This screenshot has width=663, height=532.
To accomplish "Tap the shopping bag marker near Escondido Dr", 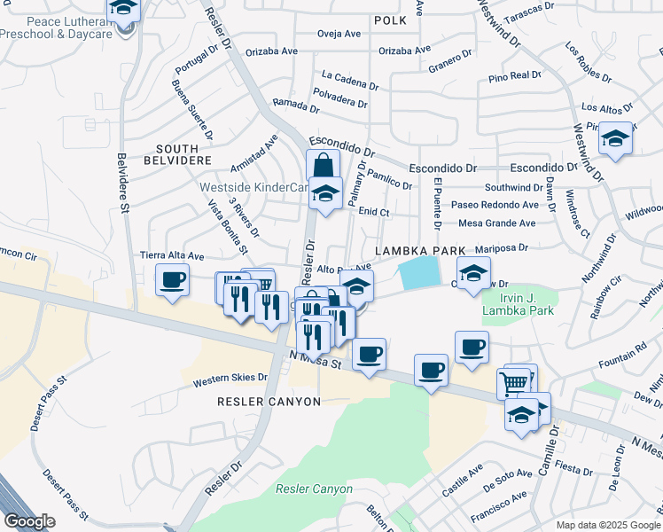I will (x=323, y=166).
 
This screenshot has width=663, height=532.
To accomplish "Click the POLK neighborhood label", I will (x=390, y=20).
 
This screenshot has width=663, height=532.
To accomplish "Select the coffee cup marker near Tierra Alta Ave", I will (x=173, y=280).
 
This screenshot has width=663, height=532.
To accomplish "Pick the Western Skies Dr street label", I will (x=231, y=380).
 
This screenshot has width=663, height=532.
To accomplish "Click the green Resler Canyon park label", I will (x=314, y=489).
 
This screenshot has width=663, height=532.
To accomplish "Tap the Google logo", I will (x=29, y=521).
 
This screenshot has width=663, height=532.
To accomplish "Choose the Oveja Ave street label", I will (x=339, y=35).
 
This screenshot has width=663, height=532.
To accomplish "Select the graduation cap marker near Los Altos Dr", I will (x=615, y=138).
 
